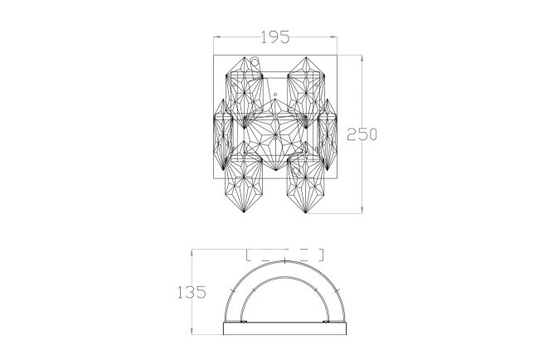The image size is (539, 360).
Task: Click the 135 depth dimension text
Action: coord(192,293)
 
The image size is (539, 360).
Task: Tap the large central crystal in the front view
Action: coord(275,133)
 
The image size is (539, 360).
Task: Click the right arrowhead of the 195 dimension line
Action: coord(336,37)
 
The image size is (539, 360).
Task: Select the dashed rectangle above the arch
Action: coord(284,254)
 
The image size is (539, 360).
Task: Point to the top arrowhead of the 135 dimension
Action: coord(192,250)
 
